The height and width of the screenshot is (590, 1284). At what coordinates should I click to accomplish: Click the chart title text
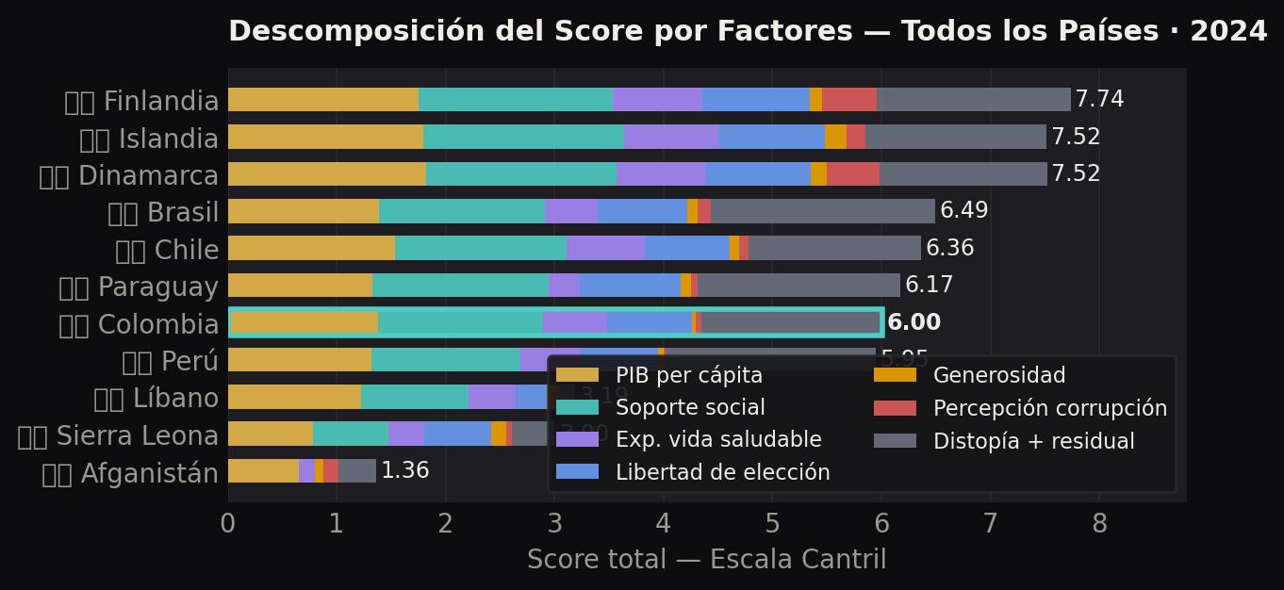[748, 32]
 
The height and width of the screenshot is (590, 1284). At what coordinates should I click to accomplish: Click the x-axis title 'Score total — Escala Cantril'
[706, 560]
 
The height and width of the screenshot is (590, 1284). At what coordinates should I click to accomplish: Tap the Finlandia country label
[141, 101]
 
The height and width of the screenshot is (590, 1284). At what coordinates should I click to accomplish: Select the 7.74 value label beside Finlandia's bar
[1099, 100]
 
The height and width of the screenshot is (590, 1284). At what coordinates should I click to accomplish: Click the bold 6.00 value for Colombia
[914, 322]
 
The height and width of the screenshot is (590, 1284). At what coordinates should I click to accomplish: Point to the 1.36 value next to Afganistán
[404, 470]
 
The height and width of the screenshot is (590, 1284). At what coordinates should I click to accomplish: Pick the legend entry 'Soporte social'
[690, 408]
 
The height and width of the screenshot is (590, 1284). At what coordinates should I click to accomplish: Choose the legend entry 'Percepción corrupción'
[1049, 408]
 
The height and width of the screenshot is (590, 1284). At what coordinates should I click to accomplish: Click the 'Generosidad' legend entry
[998, 375]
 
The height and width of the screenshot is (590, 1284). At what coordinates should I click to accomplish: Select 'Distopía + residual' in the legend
[1033, 441]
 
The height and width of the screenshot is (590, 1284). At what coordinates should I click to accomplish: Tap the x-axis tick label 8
[1099, 524]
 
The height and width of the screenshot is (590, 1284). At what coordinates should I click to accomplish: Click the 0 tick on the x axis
[228, 524]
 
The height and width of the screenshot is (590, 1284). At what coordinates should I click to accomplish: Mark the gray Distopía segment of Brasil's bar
[822, 211]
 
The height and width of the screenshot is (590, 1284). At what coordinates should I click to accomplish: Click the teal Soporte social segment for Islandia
[523, 138]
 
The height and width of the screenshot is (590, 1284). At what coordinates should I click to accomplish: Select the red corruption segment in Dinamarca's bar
[852, 174]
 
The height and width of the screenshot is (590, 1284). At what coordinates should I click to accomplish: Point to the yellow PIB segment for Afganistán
[263, 470]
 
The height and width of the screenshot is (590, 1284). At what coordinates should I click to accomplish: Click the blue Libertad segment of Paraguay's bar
[630, 286]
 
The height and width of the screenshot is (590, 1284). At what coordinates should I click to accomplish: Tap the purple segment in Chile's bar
[605, 249]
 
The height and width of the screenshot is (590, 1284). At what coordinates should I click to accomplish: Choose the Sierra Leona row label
[118, 436]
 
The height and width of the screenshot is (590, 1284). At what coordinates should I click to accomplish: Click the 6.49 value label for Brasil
[963, 211]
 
